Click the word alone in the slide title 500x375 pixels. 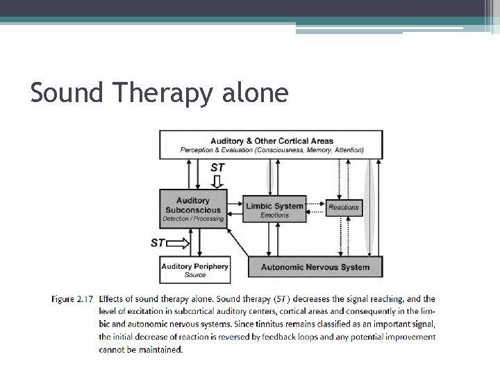point(254,92)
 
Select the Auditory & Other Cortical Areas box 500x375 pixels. point(272,144)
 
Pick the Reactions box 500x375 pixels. point(344,207)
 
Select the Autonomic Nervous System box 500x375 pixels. point(315,267)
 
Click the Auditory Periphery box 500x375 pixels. point(194,269)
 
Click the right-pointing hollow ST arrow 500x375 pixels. point(178,243)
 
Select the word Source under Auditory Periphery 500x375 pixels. point(195,275)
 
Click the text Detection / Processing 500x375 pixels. point(193,219)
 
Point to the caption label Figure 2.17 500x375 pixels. point(72,299)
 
